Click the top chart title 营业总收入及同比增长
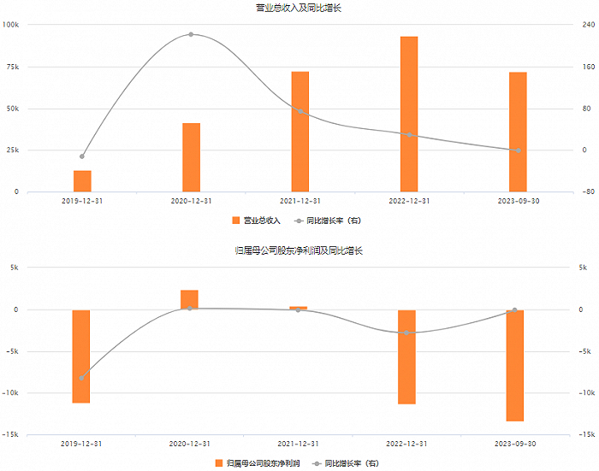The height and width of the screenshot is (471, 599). [x=299, y=8]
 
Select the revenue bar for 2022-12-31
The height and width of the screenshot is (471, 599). [x=409, y=115]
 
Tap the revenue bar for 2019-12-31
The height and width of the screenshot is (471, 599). [x=82, y=181]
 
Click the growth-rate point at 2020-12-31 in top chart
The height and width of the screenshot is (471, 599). [x=191, y=34]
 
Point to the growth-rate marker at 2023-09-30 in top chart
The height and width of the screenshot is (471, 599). [x=519, y=150]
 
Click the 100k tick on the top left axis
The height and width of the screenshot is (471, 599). [x=10, y=25]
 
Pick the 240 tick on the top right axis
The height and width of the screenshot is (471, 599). [x=589, y=25]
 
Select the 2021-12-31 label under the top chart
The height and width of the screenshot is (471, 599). [x=300, y=201]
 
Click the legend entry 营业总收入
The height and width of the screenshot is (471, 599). [x=257, y=221]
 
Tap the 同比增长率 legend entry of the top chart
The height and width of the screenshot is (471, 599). [x=328, y=221]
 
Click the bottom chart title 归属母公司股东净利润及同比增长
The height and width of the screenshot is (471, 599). [x=299, y=250]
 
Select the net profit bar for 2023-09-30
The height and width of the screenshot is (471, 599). [x=515, y=366]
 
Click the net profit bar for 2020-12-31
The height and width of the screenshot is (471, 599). [x=189, y=300]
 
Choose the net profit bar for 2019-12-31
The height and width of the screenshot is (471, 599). [x=81, y=356]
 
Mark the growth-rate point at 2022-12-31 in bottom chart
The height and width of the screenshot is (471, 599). [x=406, y=333]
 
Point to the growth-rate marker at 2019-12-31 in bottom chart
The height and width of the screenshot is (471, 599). [x=81, y=378]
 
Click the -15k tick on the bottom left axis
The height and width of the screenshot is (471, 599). [x=10, y=435]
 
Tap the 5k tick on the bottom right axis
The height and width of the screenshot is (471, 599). [x=583, y=268]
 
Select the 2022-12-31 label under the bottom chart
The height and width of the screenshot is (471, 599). [x=406, y=444]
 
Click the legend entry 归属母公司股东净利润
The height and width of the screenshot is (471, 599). [x=258, y=463]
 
